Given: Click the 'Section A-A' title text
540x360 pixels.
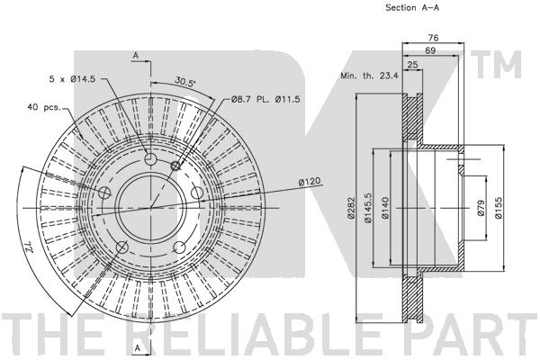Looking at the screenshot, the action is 412,7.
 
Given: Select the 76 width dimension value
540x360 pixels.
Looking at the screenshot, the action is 433,37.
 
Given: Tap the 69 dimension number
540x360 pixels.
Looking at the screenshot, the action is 430,50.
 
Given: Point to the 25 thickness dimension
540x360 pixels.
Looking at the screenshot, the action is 412,65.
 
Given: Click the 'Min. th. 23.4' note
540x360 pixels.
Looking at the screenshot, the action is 369,76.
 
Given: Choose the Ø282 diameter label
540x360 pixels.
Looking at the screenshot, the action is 351,208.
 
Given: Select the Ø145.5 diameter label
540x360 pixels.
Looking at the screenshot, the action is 368,208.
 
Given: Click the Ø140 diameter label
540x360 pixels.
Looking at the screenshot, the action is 385,208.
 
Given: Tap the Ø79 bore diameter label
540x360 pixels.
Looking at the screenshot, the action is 481,208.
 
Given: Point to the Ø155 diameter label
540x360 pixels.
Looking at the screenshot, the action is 499,208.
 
